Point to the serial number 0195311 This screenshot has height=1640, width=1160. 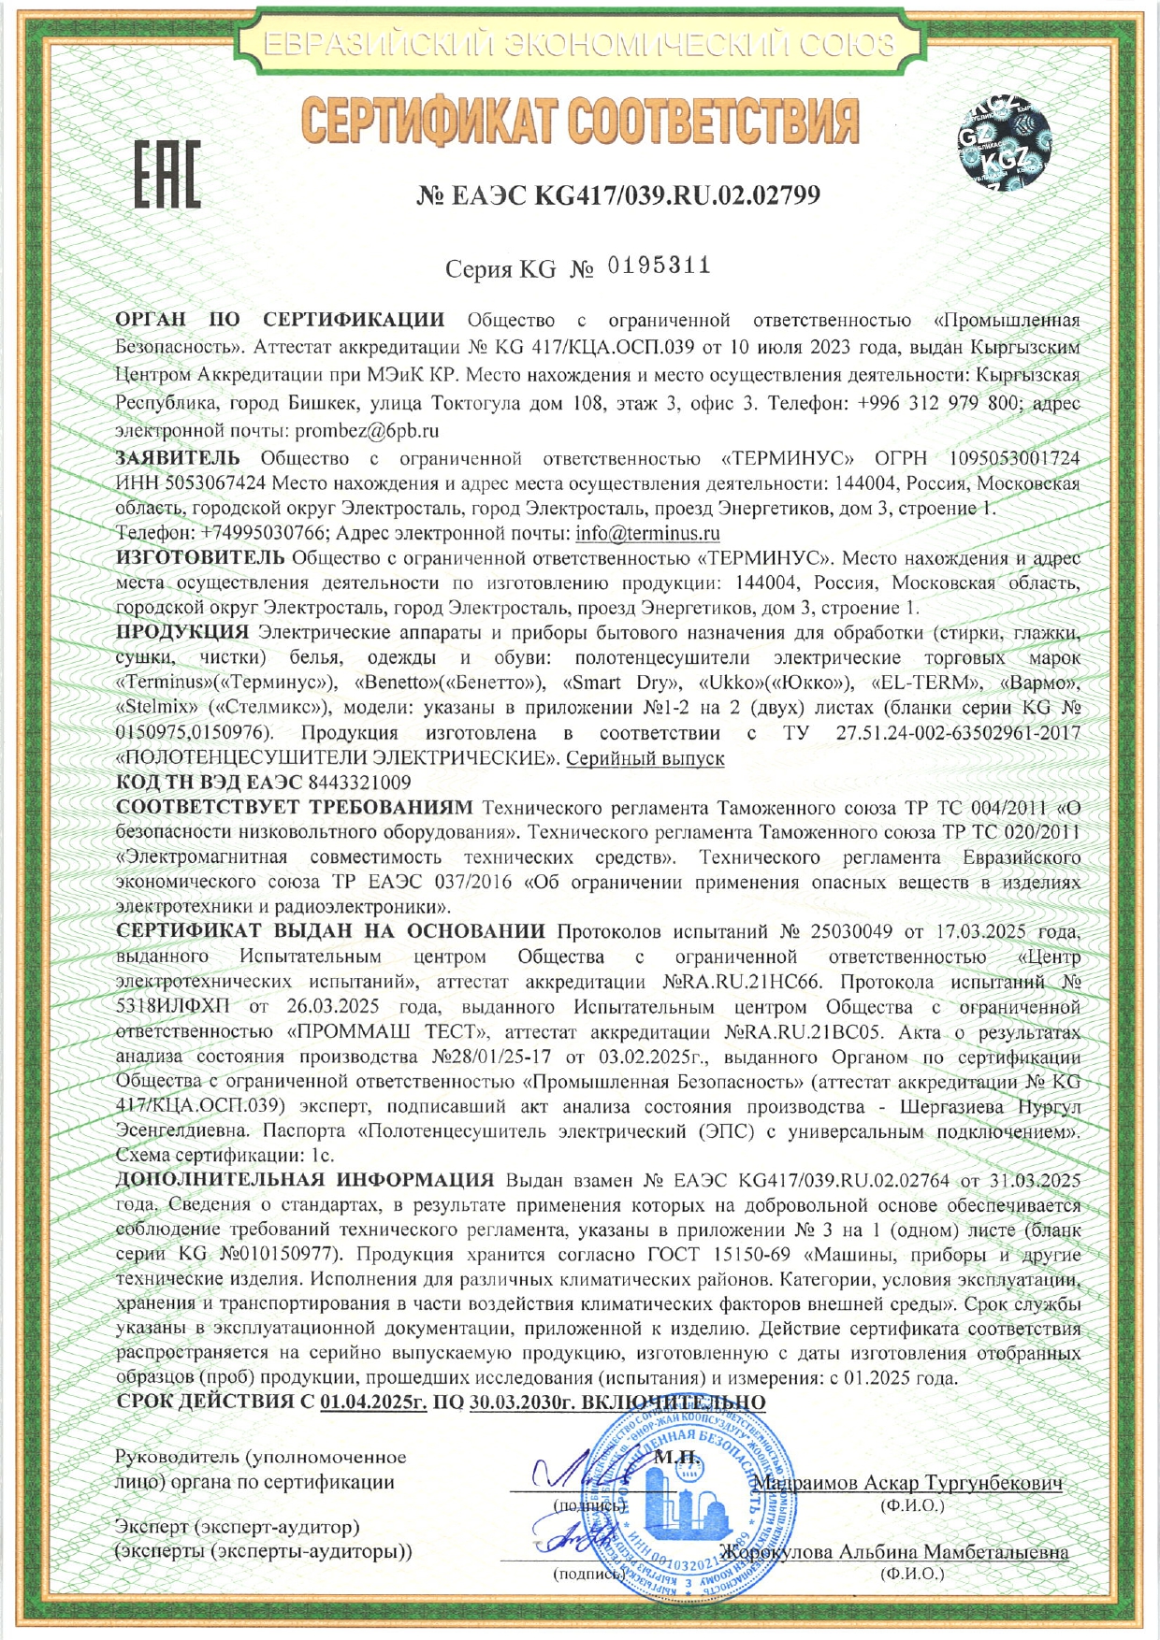pyautogui.click(x=660, y=266)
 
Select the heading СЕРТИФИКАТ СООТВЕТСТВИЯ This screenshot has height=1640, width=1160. pyautogui.click(x=580, y=122)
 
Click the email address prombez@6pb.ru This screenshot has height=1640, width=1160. pyautogui.click(x=367, y=431)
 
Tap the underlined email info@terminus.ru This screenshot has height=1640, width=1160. pyautogui.click(x=647, y=534)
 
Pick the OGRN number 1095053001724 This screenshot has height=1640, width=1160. pyautogui.click(x=1014, y=458)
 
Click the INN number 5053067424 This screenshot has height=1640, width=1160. pyautogui.click(x=215, y=483)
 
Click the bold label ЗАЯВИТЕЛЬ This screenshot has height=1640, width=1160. pyautogui.click(x=178, y=458)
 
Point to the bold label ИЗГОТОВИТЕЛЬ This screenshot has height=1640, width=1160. pyautogui.click(x=199, y=558)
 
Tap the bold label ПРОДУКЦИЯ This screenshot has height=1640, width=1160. pyautogui.click(x=182, y=631)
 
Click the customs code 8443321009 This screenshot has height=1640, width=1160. pyautogui.click(x=359, y=782)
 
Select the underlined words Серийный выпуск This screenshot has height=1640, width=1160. pyautogui.click(x=645, y=758)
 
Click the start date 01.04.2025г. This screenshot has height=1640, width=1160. pyautogui.click(x=373, y=1403)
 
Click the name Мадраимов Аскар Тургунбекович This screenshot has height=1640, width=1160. pyautogui.click(x=907, y=1484)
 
